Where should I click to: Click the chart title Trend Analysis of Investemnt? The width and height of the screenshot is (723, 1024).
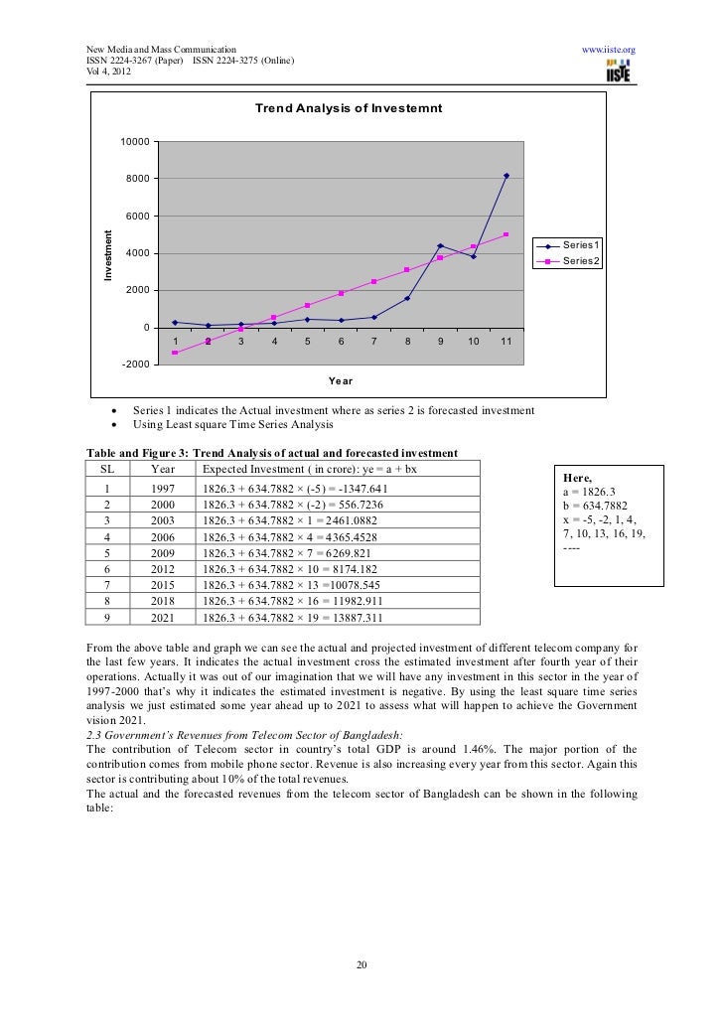pyautogui.click(x=348, y=107)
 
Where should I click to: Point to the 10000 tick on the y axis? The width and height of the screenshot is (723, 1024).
pyautogui.click(x=135, y=142)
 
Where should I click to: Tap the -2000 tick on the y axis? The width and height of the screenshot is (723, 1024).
pyautogui.click(x=135, y=365)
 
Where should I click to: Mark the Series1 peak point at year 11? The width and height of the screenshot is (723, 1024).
pyautogui.click(x=506, y=176)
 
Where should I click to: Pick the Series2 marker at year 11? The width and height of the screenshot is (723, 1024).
pyautogui.click(x=506, y=234)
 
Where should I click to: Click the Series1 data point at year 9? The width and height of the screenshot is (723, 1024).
pyautogui.click(x=440, y=245)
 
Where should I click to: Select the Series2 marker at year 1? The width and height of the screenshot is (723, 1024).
pyautogui.click(x=175, y=353)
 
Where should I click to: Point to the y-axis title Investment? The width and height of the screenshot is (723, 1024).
pyautogui.click(x=110, y=253)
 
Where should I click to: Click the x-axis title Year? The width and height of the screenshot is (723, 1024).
pyautogui.click(x=340, y=381)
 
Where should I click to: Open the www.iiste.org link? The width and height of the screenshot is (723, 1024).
pyautogui.click(x=608, y=49)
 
